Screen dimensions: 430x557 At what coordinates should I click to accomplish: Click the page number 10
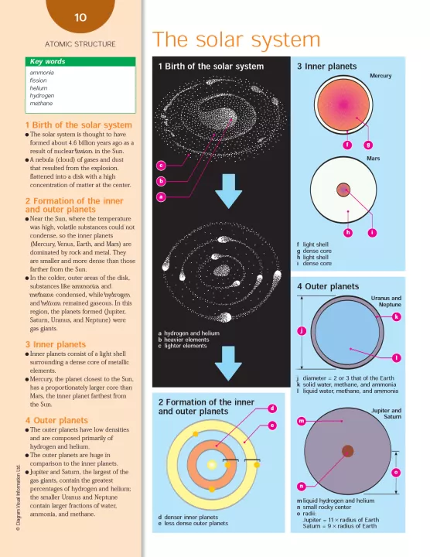pos(80,17)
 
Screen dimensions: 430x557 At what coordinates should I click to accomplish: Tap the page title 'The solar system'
pos(237,39)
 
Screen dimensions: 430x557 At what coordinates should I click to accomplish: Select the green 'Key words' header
pos(80,61)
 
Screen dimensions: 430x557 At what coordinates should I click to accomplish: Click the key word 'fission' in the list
pos(38,80)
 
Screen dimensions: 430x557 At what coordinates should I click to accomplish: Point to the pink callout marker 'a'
pos(161,196)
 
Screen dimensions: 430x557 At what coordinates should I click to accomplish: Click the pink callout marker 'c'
pos(161,166)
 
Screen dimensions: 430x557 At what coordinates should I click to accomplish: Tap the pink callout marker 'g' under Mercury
pos(368,145)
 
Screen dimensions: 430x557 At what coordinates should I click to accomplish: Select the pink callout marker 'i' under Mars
pos(372,233)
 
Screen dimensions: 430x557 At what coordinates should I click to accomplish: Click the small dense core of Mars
pos(343,190)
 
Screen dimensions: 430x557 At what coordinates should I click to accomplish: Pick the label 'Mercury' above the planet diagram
pos(381,76)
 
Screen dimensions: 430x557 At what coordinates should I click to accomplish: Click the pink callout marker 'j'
pos(302,331)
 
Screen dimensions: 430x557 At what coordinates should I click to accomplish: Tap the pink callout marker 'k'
pos(397,316)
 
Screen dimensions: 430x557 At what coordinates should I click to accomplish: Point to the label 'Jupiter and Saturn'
pos(387,413)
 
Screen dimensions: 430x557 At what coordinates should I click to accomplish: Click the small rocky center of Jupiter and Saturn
pos(347,451)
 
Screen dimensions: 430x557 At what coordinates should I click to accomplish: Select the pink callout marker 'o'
pos(396,472)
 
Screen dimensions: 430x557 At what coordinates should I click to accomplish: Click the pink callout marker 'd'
pos(272,408)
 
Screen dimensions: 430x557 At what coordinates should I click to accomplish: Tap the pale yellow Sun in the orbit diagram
pos(212,465)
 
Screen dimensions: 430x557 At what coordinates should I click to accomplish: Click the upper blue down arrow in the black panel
pos(229,191)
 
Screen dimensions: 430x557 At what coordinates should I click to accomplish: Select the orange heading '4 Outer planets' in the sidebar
pos(56,420)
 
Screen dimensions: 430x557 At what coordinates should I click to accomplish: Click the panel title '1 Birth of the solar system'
pos(211,67)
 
